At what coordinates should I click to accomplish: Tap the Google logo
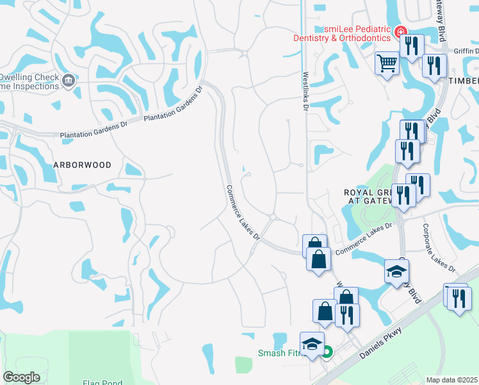21,377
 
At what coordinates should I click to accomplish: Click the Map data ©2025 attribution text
451,380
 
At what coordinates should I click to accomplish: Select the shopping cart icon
387,64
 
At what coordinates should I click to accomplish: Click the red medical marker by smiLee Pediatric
400,31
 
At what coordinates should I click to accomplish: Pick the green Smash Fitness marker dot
327,352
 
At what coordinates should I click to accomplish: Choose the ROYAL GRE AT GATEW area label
368,196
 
